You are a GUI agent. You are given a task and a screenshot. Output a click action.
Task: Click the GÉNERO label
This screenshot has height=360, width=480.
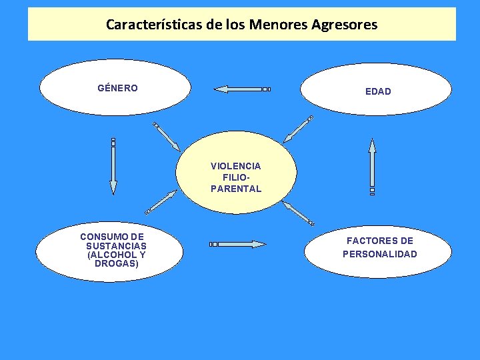coord(117,88)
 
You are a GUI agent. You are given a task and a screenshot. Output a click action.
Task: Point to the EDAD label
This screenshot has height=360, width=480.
coord(378,91)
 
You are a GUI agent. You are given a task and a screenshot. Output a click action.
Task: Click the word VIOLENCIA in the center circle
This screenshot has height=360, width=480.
coord(236,166)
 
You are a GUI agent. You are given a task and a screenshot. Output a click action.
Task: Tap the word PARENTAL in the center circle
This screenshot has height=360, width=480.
coord(236,189)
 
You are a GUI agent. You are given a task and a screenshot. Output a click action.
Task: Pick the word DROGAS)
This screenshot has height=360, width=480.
coord(117,263)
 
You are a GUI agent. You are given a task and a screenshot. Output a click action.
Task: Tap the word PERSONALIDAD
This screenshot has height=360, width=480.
coord(379,254)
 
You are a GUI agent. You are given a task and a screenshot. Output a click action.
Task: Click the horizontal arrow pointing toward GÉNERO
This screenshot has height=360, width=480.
coord(241,89)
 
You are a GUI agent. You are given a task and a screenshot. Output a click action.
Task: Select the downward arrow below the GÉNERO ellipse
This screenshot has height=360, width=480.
coord(113,166)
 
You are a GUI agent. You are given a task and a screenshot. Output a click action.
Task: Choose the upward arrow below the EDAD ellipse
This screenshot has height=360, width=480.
coord(373,167)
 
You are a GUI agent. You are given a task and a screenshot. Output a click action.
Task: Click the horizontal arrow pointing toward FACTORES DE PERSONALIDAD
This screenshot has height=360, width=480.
coord(238,244)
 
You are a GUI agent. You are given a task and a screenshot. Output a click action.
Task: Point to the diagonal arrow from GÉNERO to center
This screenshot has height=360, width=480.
coord(167,137)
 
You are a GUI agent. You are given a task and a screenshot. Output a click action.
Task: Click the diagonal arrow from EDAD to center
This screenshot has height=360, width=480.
coord(297,130)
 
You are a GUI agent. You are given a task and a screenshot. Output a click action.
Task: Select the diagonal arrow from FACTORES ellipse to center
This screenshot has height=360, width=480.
coord(298,213)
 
